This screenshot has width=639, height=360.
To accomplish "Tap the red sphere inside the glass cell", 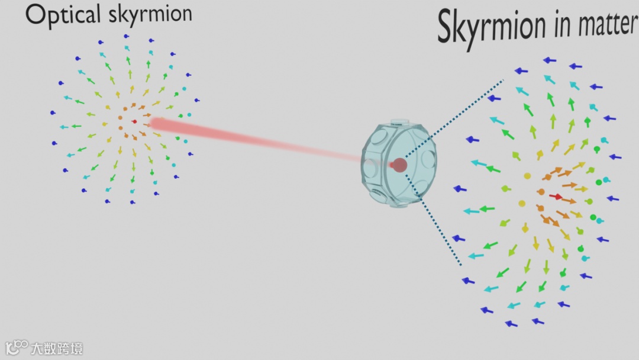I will tap(400, 165).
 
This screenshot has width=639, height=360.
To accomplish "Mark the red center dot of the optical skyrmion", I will tap(134, 121).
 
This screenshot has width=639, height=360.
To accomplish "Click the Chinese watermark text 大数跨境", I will tap(57, 348).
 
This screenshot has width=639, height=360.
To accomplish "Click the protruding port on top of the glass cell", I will tap(401, 123).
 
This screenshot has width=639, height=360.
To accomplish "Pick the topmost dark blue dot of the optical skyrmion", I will tap(126, 36).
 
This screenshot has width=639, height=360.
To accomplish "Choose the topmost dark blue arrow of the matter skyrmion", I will tap(550, 60).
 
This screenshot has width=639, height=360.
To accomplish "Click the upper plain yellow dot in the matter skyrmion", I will tap(527, 176).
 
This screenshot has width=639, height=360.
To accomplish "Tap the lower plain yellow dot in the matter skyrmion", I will tap(521, 203).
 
